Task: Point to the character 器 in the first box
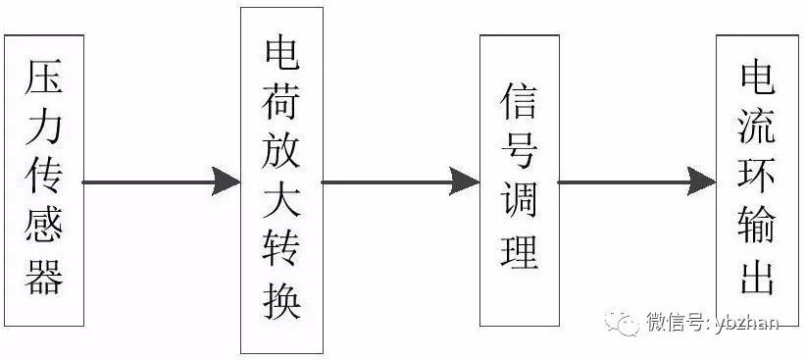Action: coord(43,278)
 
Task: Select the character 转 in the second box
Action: coord(281,252)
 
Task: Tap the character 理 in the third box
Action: coord(519,252)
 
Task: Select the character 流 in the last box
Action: coord(757,129)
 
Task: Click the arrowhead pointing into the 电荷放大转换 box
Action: coord(226,181)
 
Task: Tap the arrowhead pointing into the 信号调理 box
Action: coord(466,181)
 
